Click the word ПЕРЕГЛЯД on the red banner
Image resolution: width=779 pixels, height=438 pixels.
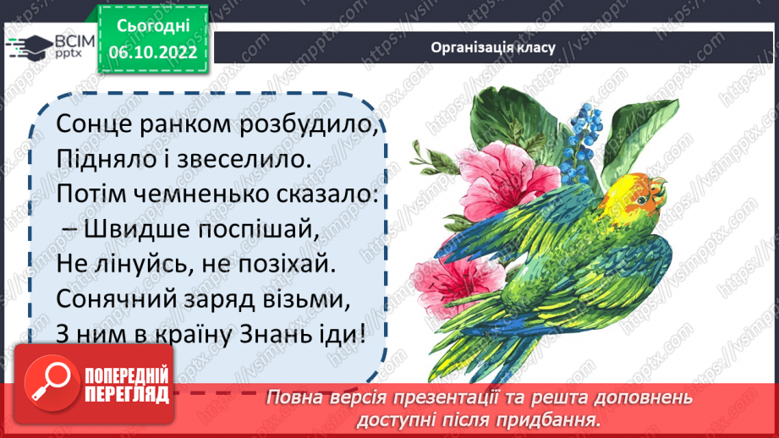click(x=127, y=393)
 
